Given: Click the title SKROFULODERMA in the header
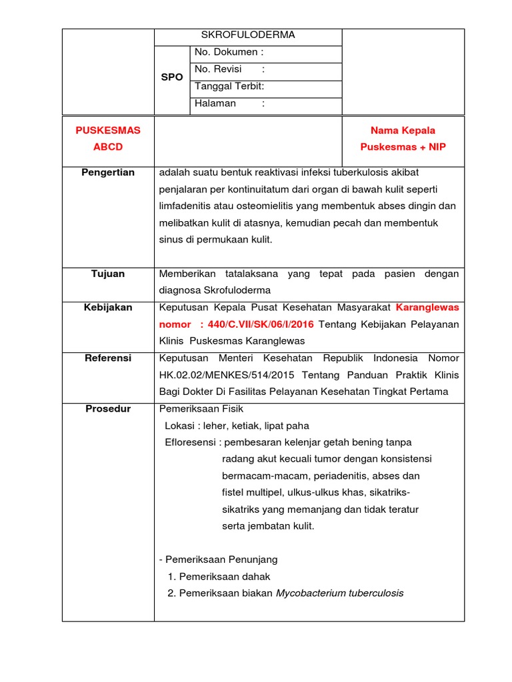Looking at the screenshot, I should coord(248,35).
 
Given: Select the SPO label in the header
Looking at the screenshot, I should coord(171,77).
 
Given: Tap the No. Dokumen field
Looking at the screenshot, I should coord(229,52).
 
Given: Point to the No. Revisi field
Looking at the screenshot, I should coord(229,69).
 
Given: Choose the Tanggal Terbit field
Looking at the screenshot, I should coord(229,86).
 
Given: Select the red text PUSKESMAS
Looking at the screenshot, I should coord(108,131).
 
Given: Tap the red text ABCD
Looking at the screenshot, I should coord(108,147).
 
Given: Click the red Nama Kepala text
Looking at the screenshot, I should coord(403,131).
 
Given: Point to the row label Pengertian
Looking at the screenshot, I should coord(108,172).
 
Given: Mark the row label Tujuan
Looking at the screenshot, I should coord(108,274).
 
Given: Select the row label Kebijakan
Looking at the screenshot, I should coord(108,307).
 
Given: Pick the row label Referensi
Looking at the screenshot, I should coord(108,358).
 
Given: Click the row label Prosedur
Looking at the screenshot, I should coord(108,408).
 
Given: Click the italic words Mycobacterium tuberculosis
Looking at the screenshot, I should coord(339,593).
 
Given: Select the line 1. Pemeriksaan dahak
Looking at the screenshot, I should coord(219,577).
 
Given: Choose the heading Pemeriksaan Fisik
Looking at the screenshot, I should coord(197,408).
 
